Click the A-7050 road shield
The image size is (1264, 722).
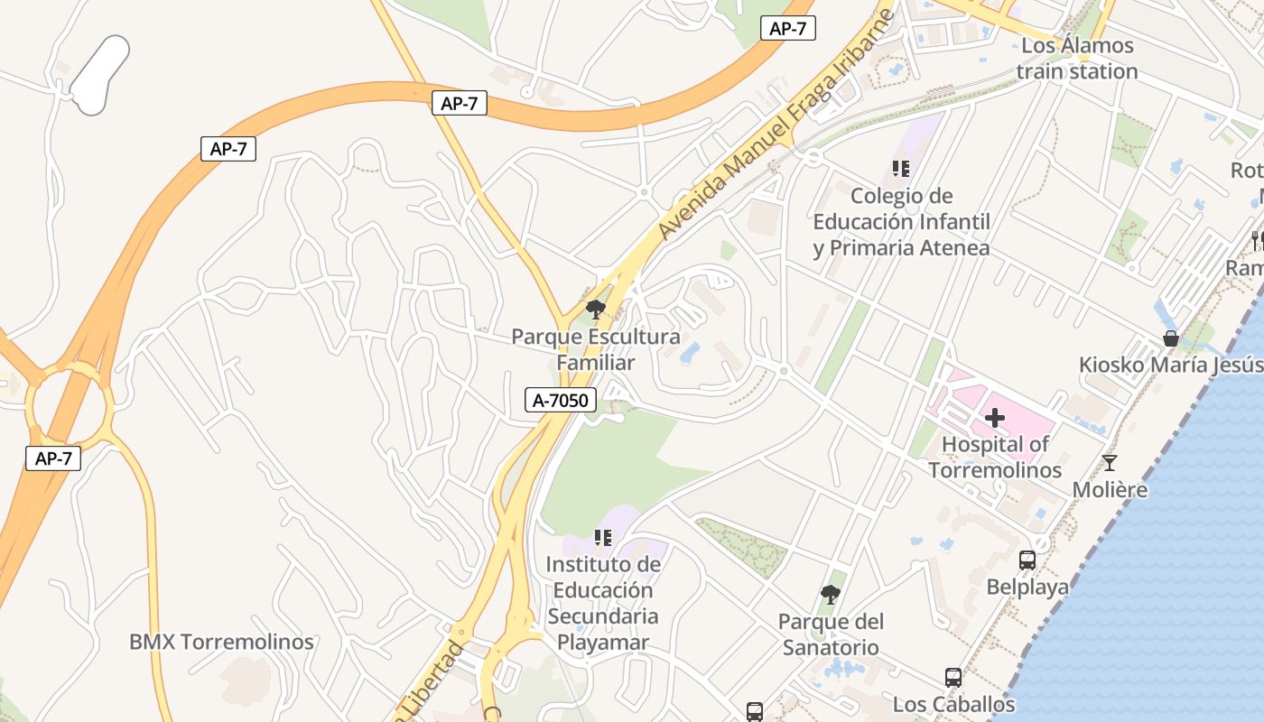(x=561, y=400)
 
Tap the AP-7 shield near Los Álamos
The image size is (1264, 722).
(x=787, y=28)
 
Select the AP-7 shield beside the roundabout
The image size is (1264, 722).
(x=53, y=458)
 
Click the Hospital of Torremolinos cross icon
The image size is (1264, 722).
(x=995, y=418)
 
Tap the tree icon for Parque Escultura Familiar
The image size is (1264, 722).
(x=595, y=310)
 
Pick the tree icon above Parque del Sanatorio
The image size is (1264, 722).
(x=831, y=595)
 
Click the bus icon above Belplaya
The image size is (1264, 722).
(x=1027, y=560)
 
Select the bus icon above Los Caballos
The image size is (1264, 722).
(x=953, y=678)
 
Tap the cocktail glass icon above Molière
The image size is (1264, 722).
(x=1110, y=463)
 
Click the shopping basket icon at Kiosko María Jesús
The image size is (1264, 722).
(x=1171, y=338)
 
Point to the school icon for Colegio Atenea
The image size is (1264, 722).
(x=900, y=169)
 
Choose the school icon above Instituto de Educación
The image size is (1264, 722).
(x=603, y=539)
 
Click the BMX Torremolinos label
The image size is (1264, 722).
(x=221, y=643)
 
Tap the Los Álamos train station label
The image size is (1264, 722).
(x=1076, y=58)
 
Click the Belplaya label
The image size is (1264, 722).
(x=1027, y=588)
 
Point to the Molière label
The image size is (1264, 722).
(x=1110, y=490)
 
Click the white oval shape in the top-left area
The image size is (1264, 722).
(x=99, y=76)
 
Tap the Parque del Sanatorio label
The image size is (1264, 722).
(x=831, y=634)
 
